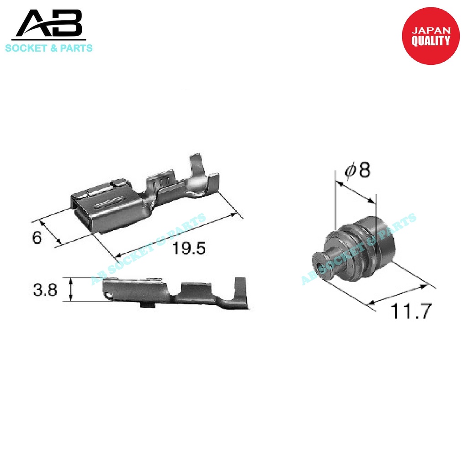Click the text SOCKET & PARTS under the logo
click(x=49, y=48)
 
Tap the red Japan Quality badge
click(x=430, y=36)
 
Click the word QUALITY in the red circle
click(x=431, y=41)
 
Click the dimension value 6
click(x=37, y=238)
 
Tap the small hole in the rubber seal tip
click(x=318, y=265)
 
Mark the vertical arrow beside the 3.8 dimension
click(x=70, y=289)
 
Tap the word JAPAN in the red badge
click(x=431, y=31)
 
